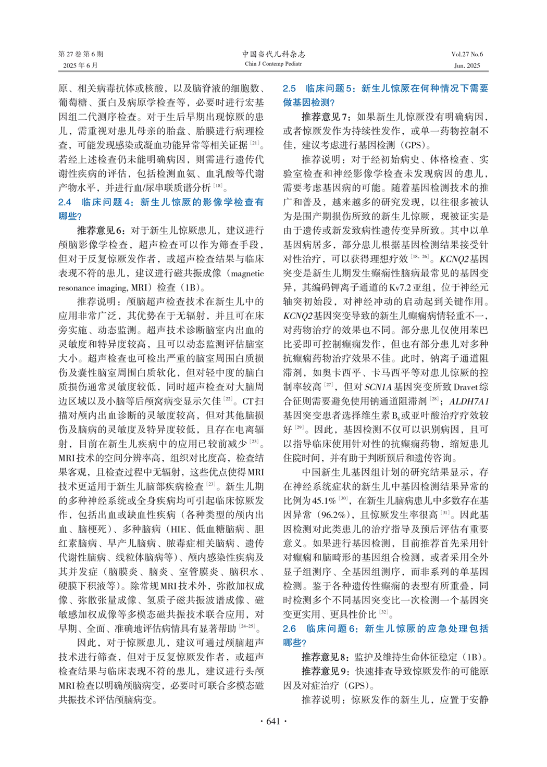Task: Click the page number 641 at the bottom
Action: click(273, 721)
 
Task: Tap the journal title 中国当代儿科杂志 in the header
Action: click(273, 54)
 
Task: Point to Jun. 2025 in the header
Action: click(467, 66)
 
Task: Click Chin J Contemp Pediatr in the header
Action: click(273, 64)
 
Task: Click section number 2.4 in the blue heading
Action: click(65, 202)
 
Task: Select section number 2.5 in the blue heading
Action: click(289, 89)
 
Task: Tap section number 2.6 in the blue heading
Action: click(289, 628)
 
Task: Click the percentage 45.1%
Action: click(324, 501)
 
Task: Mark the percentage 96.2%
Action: click(333, 515)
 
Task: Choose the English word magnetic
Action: click(247, 273)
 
